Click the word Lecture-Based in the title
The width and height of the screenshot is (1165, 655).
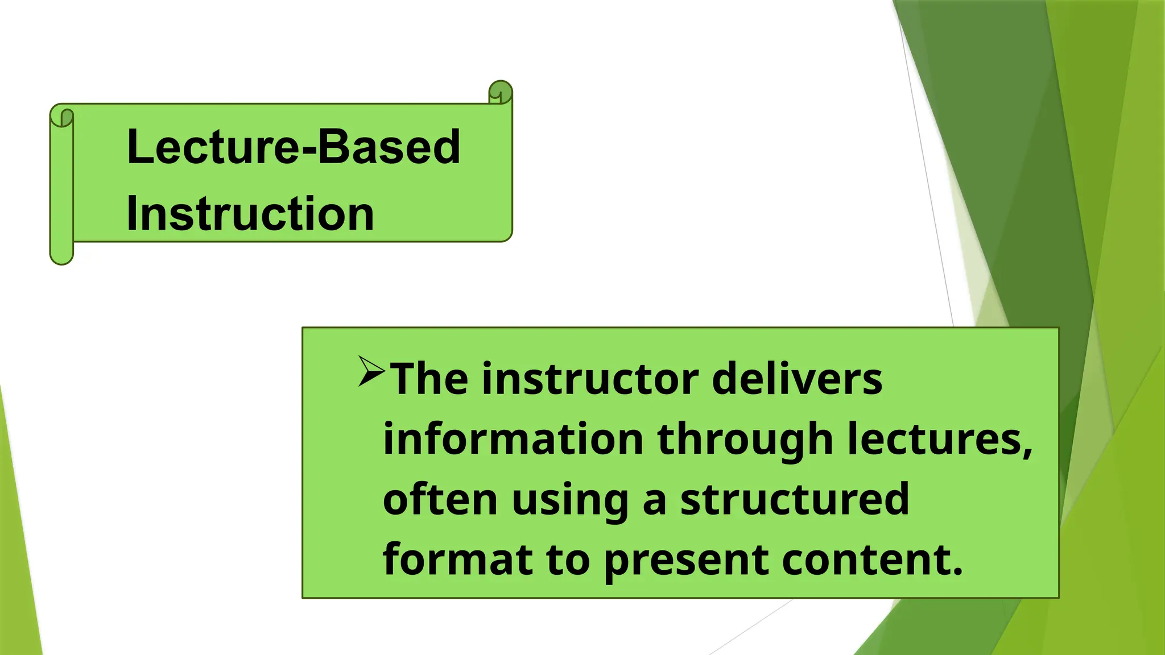click(x=293, y=147)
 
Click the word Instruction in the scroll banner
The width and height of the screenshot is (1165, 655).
click(x=250, y=214)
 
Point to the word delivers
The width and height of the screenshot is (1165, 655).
click(x=796, y=379)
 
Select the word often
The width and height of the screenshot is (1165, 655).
click(x=440, y=499)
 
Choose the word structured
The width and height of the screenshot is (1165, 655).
click(x=795, y=499)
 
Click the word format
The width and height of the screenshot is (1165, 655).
click(x=457, y=559)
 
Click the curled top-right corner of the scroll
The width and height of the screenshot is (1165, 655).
click(x=501, y=92)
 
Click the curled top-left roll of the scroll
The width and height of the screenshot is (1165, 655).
click(x=62, y=116)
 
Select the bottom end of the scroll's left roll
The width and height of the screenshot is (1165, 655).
click(x=62, y=256)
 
